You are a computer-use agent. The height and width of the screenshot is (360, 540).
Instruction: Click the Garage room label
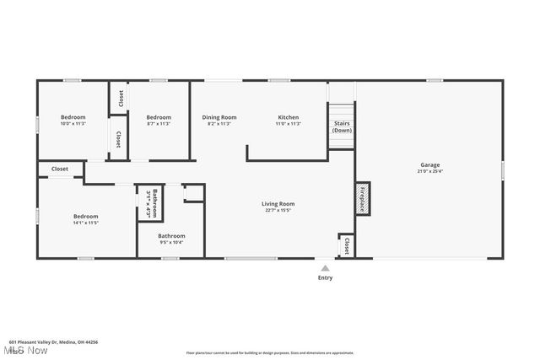(x=430, y=164)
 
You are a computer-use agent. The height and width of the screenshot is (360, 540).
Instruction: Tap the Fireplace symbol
(x=363, y=197)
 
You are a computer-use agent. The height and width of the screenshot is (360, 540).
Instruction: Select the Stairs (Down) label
(x=342, y=127)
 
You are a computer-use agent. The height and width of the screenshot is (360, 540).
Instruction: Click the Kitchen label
(x=289, y=117)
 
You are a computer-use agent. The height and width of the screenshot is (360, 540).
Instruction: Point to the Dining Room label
(x=219, y=117)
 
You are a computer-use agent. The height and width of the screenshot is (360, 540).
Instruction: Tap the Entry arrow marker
(x=325, y=267)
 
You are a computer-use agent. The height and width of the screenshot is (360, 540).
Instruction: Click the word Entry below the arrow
(x=325, y=277)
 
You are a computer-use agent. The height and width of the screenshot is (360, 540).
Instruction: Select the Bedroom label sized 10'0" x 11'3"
(x=73, y=117)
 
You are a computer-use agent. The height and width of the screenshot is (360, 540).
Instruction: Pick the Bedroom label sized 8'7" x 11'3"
(x=159, y=117)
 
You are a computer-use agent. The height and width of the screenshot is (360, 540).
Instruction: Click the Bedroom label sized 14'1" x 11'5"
(x=85, y=216)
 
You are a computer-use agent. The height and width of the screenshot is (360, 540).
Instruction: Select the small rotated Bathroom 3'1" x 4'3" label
(x=152, y=203)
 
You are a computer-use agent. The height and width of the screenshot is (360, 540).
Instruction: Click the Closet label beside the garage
(x=347, y=244)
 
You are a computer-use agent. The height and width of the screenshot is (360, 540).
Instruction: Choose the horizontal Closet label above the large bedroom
(x=60, y=169)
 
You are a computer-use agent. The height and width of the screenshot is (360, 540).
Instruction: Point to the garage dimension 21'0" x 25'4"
(x=430, y=171)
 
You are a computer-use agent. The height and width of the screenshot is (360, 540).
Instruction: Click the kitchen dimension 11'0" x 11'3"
(x=289, y=124)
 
